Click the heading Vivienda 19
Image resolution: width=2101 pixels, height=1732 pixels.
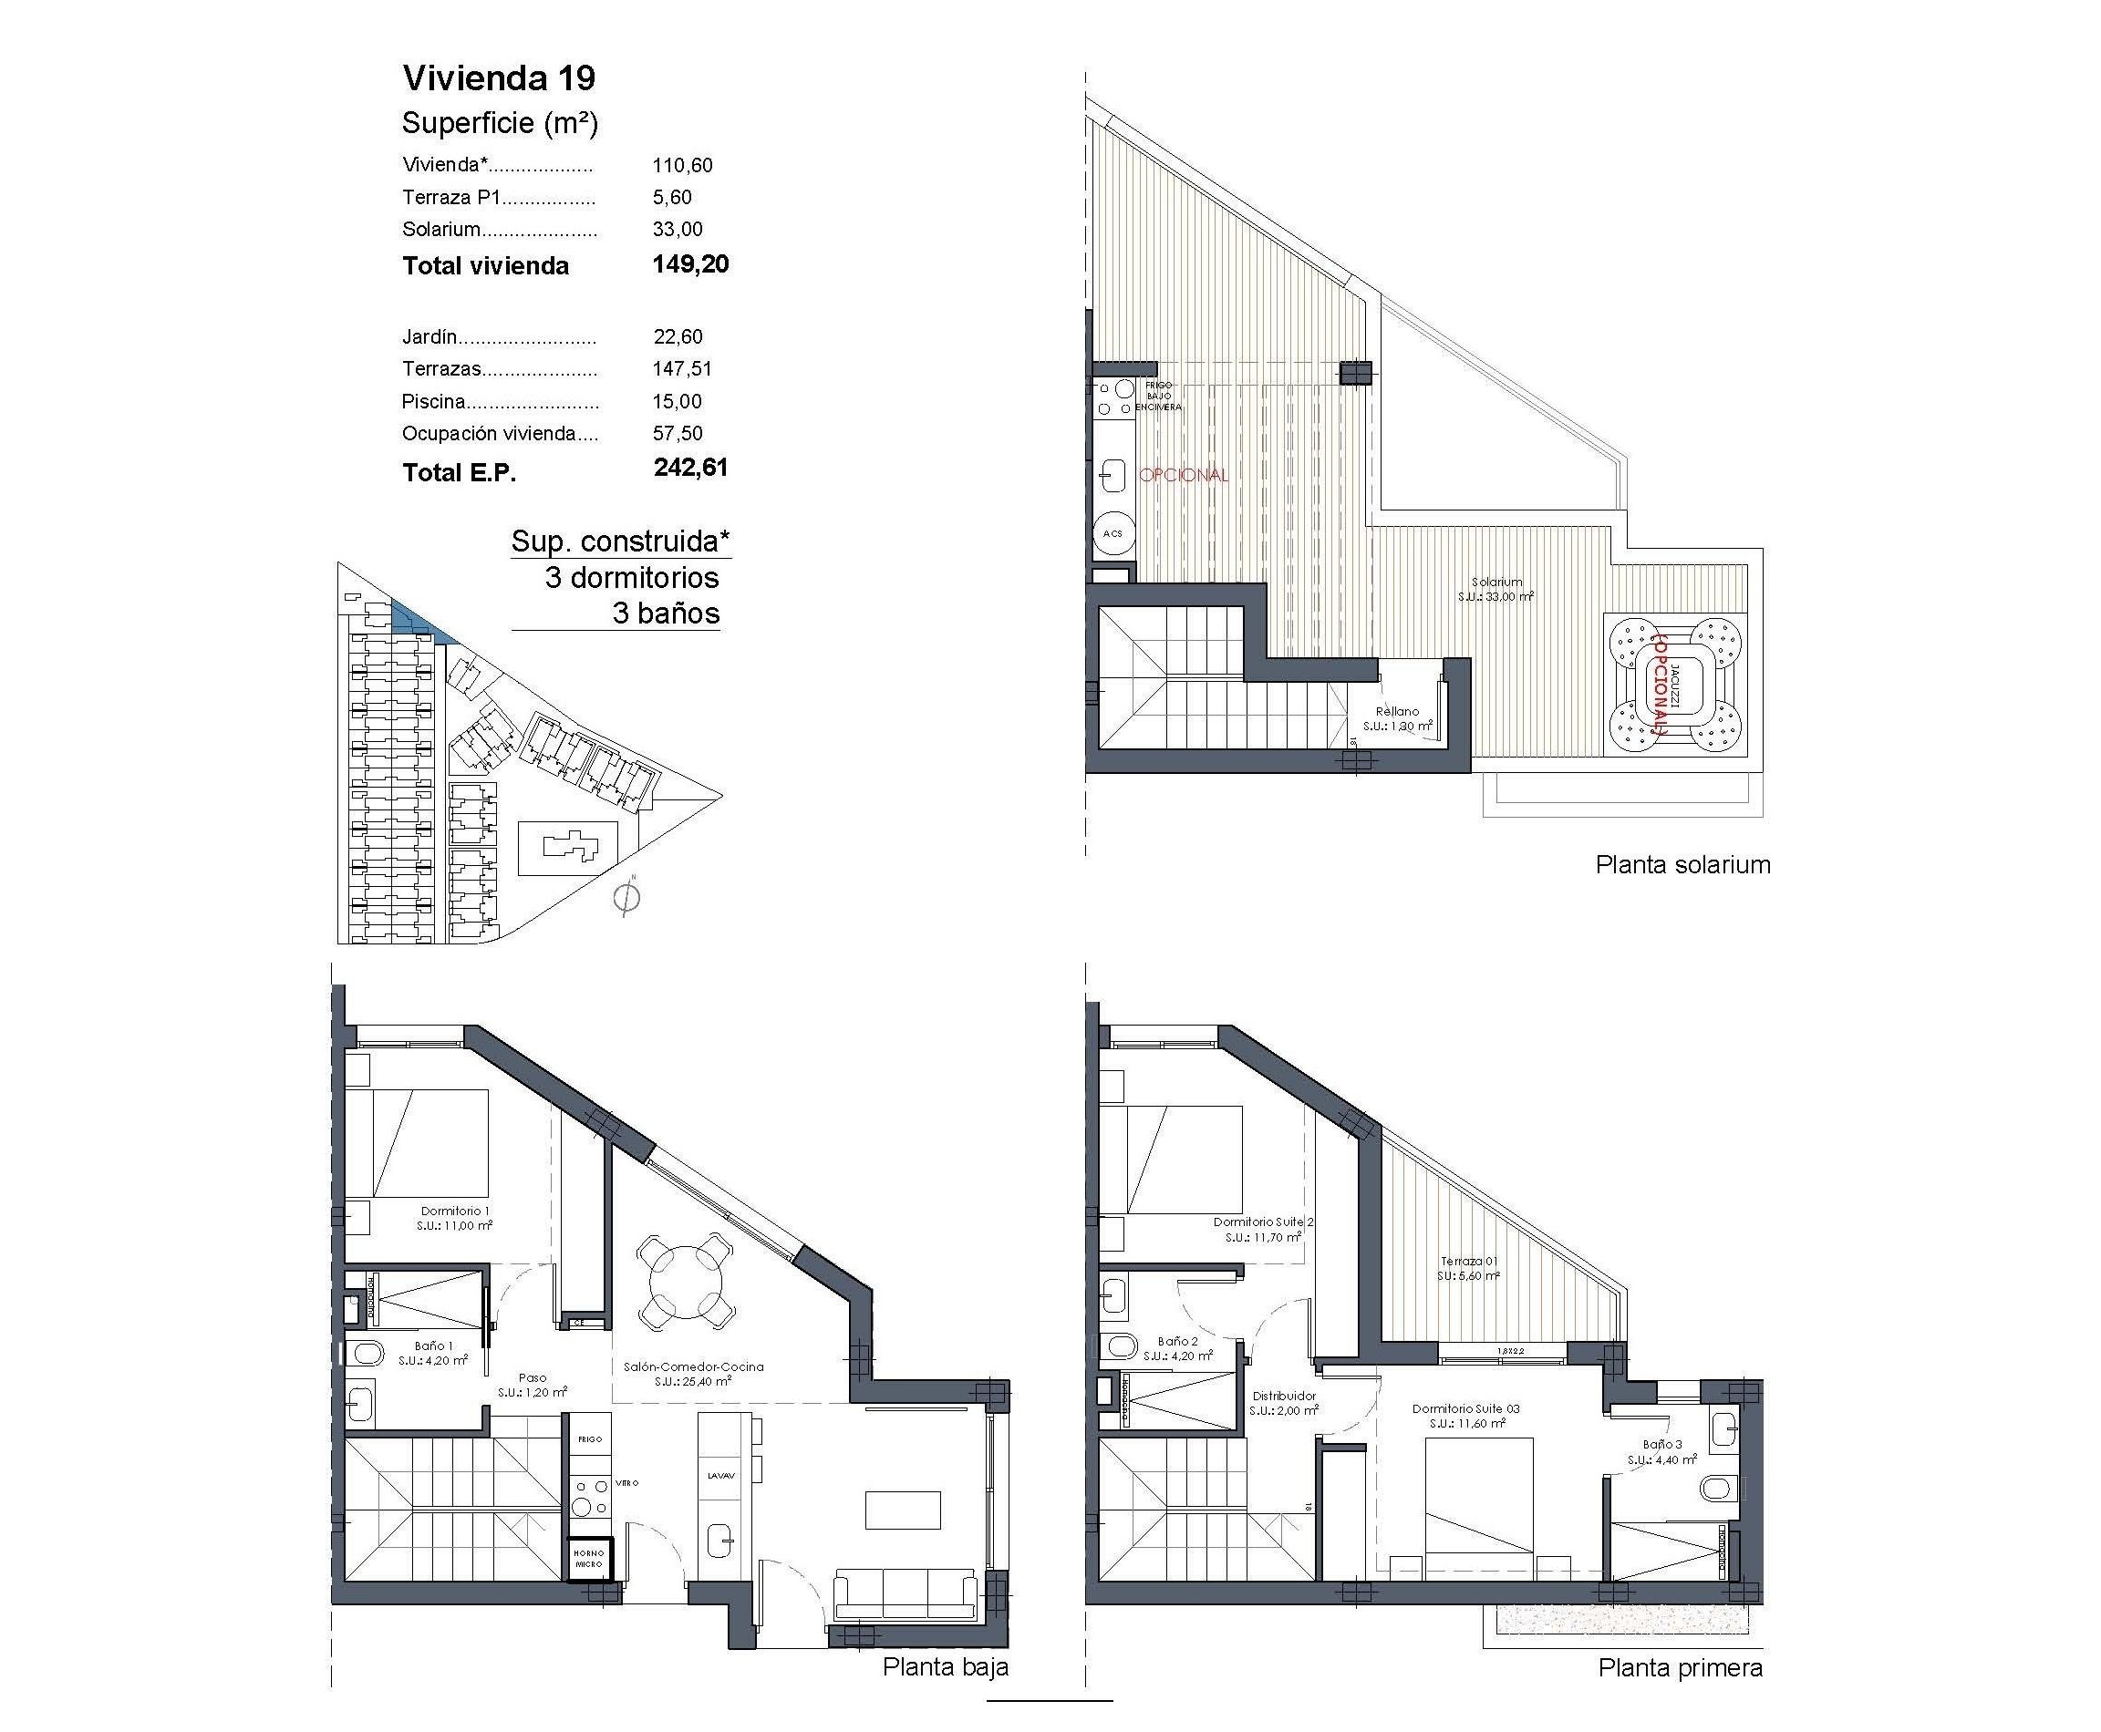click(x=498, y=77)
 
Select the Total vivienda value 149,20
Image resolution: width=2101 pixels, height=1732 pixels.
click(x=690, y=264)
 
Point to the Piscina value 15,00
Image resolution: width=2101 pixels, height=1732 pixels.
click(x=677, y=401)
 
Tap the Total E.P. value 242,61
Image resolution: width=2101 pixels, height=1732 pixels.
click(x=690, y=468)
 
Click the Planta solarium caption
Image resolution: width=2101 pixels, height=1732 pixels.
click(x=1682, y=864)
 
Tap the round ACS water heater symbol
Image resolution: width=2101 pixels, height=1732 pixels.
click(x=1112, y=534)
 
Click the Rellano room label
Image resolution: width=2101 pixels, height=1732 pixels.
click(x=1396, y=711)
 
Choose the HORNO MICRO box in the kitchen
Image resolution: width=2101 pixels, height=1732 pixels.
click(x=589, y=1560)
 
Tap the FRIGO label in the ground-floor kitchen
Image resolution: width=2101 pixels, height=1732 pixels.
click(x=589, y=1438)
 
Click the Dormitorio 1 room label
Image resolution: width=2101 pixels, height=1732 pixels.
click(x=452, y=1211)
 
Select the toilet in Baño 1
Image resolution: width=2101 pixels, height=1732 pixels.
click(x=366, y=1354)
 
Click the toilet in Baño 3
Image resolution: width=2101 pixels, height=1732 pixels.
click(x=1717, y=1490)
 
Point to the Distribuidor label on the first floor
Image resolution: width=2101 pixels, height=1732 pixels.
click(x=1284, y=1396)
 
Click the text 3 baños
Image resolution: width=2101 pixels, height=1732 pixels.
click(x=666, y=613)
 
